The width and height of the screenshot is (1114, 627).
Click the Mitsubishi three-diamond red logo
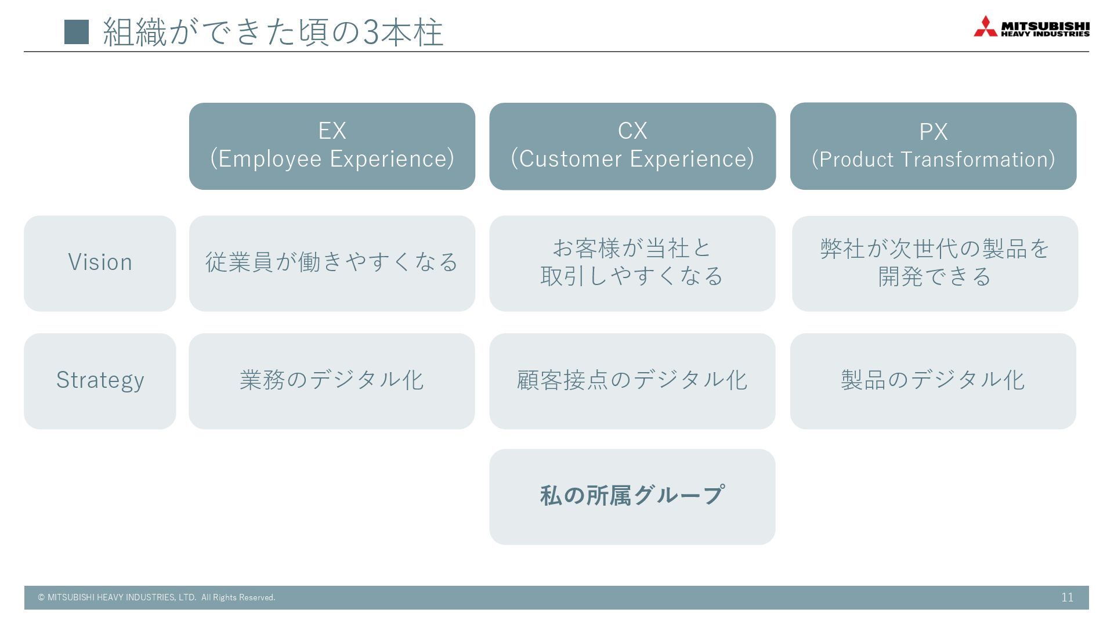click(985, 27)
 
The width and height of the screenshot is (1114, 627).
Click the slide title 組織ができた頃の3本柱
click(273, 32)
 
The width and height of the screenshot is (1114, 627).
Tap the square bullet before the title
click(77, 32)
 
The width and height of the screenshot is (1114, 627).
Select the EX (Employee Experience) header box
click(332, 146)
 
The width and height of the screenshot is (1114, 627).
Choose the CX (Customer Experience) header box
click(632, 146)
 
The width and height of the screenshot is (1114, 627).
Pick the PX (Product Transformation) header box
click(933, 146)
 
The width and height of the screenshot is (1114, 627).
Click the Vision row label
click(100, 263)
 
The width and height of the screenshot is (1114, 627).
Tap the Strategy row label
click(100, 381)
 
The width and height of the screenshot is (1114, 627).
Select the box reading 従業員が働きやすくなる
click(332, 263)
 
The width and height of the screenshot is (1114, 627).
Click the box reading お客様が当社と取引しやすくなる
click(632, 263)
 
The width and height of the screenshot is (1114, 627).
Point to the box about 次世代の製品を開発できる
click(935, 263)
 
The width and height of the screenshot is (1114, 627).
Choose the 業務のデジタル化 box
click(332, 381)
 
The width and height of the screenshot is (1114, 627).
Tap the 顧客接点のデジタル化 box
click(632, 381)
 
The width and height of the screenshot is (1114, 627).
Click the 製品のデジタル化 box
click(933, 381)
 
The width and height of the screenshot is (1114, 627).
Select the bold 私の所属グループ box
click(632, 496)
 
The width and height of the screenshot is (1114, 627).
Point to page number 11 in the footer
click(1067, 597)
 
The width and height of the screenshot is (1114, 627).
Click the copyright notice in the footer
click(157, 597)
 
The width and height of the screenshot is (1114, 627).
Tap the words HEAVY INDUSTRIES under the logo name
click(1045, 34)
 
